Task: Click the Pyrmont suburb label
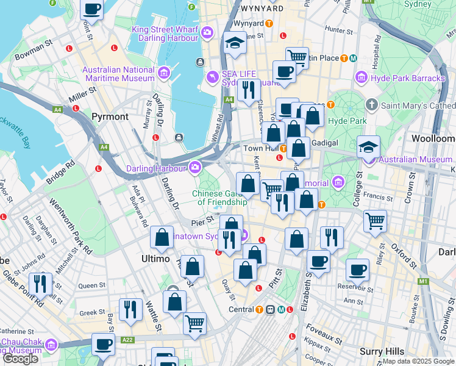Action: (110, 116)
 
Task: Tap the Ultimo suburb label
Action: (155, 259)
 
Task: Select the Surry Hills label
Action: (382, 351)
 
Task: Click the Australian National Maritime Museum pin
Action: (163, 74)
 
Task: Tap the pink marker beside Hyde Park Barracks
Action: (361, 78)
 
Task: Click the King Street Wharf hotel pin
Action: (208, 32)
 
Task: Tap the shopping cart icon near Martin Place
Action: (297, 57)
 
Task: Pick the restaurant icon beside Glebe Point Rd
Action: (41, 282)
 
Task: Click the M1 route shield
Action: (422, 281)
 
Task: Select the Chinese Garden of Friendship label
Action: (219, 198)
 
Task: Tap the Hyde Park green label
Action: (347, 121)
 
